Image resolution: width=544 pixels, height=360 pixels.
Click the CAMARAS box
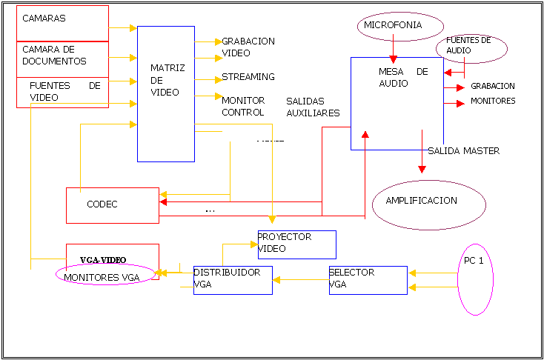[62, 23]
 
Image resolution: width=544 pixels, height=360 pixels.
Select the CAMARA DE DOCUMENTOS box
[62, 59]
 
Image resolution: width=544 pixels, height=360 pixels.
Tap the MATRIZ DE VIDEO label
[167, 79]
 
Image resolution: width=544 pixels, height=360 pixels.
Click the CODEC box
[112, 204]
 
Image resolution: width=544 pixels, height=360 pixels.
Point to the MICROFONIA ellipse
[393, 26]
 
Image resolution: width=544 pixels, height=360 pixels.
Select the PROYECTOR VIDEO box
[296, 244]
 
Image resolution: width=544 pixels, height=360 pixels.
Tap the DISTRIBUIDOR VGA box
[233, 280]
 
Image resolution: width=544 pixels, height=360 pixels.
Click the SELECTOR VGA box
[368, 280]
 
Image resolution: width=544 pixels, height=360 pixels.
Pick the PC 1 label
[474, 261]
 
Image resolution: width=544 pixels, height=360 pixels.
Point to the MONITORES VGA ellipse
[107, 275]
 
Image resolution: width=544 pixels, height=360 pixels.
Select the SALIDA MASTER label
[463, 151]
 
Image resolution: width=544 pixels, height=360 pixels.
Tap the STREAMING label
[248, 76]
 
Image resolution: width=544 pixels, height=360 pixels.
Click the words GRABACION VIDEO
[248, 47]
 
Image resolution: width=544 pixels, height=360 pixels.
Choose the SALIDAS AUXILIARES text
[313, 107]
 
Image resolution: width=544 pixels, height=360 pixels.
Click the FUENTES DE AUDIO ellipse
[472, 48]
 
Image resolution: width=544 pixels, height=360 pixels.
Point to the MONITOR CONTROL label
[243, 107]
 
